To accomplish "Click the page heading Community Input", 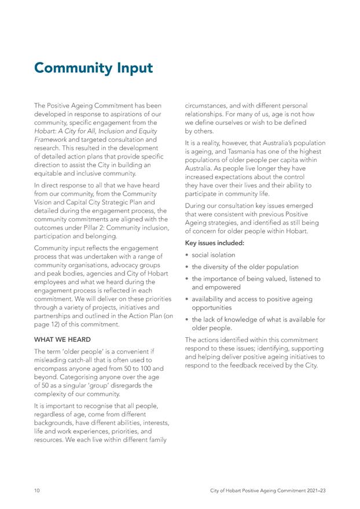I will point(93,68).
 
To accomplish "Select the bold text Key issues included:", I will point(214,243).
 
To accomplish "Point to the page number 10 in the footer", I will point(37,490).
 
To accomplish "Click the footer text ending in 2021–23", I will point(267,490).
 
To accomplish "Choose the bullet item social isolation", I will point(214,254).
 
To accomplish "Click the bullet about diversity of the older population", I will point(245,267).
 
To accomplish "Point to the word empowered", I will point(223,287).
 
